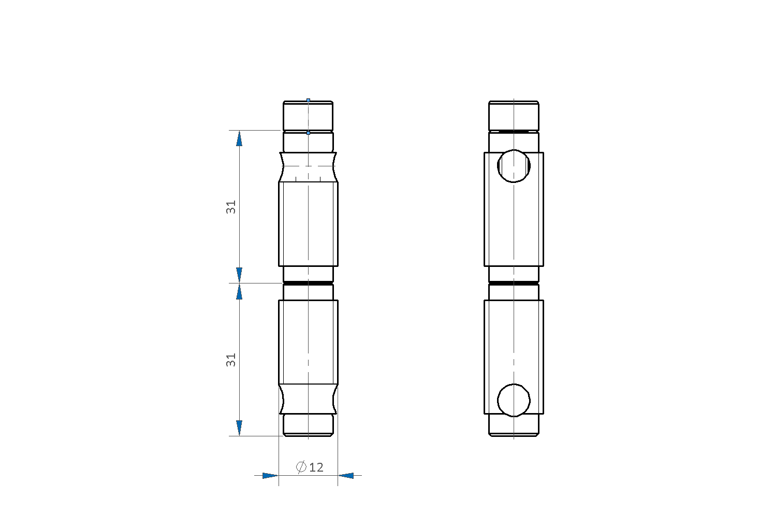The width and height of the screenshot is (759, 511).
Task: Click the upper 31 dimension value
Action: point(231,207)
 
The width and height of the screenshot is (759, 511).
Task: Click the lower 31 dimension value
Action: point(231,360)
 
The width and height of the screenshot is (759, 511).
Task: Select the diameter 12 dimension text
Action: point(310,467)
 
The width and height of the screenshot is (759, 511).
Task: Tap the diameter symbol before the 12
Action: point(301,467)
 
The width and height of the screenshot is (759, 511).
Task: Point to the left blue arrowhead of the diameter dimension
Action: point(270,476)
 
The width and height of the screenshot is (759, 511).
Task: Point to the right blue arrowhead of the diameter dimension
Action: point(346,476)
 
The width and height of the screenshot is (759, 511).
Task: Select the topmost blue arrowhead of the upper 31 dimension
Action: point(239,138)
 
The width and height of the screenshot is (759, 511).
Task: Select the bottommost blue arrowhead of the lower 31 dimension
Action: point(239,428)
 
